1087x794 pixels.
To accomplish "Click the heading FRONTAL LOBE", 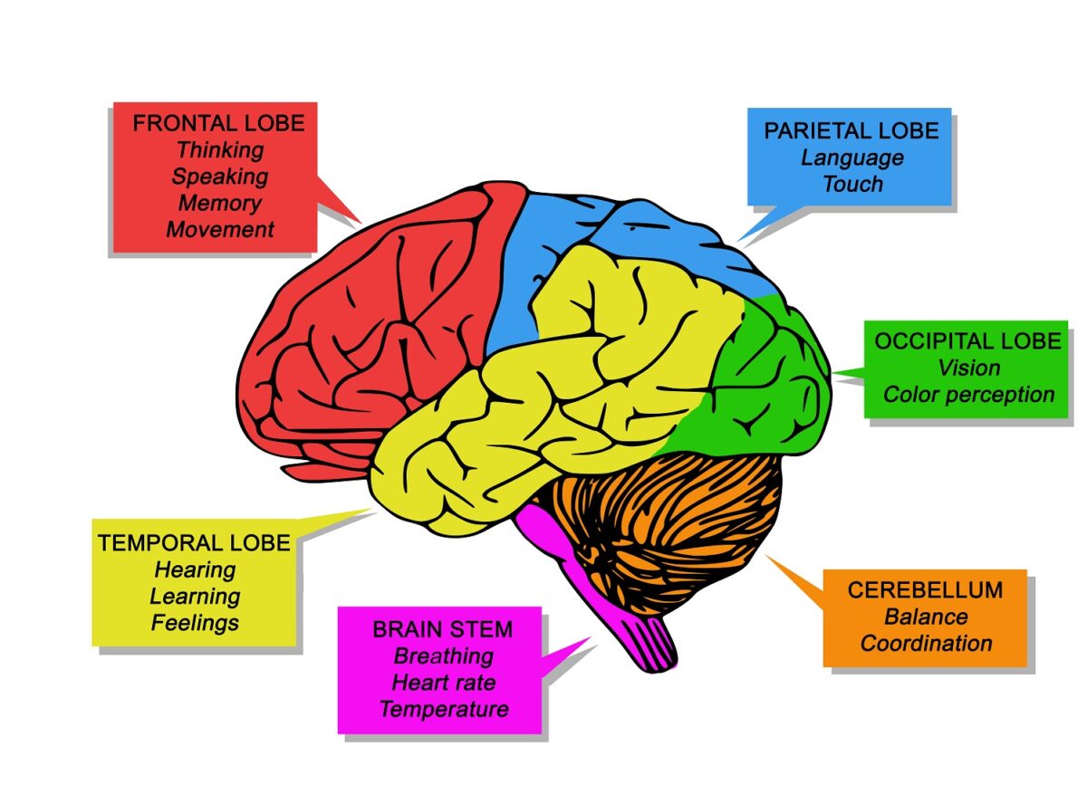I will click(218, 123).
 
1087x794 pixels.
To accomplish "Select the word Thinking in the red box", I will click(220, 149).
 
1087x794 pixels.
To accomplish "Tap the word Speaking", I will click(220, 176).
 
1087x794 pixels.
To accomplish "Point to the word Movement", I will click(220, 229).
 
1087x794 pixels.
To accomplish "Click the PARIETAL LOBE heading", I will click(851, 130).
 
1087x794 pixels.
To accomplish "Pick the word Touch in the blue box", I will click(852, 184).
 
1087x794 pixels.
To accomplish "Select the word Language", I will click(852, 158).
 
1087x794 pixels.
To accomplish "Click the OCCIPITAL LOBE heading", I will click(967, 341).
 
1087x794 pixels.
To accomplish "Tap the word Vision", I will click(968, 368).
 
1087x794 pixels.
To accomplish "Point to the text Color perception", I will click(968, 395).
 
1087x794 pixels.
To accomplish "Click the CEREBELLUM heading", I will click(926, 590).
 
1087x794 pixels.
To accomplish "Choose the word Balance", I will click(926, 617).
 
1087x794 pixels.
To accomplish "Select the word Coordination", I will click(926, 644).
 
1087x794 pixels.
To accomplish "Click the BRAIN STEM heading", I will click(443, 629).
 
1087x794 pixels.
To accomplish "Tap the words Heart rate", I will click(443, 682).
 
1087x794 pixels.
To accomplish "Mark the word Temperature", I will click(443, 709).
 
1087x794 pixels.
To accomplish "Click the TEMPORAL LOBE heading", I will click(195, 543).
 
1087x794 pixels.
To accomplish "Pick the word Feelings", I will click(195, 623).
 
